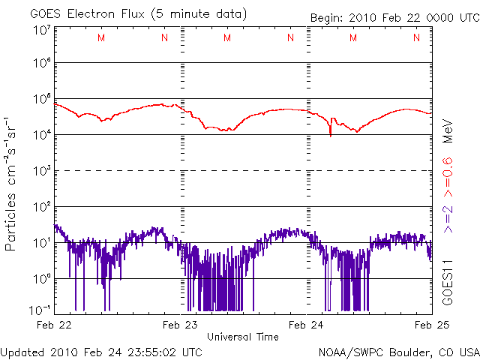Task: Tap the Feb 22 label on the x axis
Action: [55, 325]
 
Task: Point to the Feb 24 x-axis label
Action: [306, 325]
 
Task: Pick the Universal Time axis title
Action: [242, 337]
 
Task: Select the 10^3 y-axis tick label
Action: [41, 171]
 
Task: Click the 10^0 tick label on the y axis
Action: [41, 278]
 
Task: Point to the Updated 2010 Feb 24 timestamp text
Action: [101, 351]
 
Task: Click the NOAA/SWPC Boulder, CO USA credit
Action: [398, 351]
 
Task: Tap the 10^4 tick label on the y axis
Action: [41, 135]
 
